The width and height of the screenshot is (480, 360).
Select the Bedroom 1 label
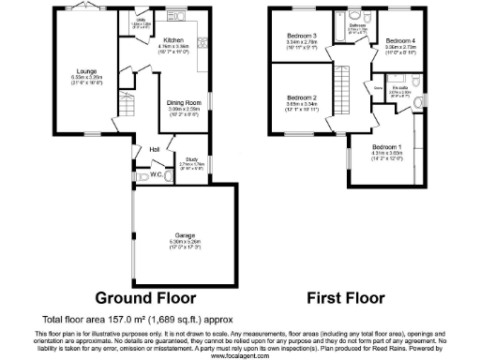click(386, 148)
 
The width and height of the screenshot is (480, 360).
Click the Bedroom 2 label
click(301, 97)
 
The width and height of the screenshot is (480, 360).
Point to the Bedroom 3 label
click(301, 37)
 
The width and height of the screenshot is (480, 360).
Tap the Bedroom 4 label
click(400, 41)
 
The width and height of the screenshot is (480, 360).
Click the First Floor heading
click(346, 299)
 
